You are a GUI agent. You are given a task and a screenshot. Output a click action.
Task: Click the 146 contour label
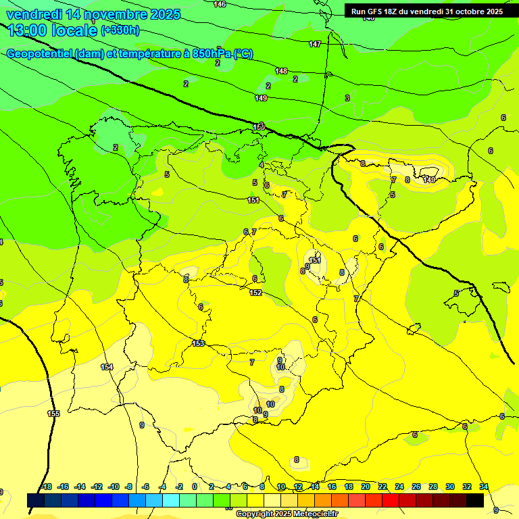220,5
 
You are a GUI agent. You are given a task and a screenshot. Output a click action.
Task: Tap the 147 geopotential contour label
315,44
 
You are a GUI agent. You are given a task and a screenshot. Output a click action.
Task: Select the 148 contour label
281,71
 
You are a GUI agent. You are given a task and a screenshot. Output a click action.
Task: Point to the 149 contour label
261,98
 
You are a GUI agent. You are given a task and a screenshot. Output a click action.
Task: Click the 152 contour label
255,293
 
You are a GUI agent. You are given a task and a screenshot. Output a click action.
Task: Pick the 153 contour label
198,343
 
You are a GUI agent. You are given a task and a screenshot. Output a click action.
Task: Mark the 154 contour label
107,367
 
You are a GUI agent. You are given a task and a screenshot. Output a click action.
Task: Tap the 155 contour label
53,414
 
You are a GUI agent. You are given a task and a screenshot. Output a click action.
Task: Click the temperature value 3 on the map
347,98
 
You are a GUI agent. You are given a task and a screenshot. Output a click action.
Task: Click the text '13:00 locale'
53,30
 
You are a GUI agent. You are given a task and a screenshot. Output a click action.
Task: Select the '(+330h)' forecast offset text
120,30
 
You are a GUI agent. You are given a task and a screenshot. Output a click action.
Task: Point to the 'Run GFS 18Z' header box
427,11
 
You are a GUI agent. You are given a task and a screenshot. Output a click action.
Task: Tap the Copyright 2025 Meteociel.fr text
287,514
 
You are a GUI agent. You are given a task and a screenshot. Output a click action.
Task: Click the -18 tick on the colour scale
46,487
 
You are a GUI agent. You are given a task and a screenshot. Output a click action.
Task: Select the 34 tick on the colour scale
484,487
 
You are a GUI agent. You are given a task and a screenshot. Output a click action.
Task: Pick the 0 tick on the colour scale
195,487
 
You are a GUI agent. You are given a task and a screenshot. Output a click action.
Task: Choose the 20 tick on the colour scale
365,487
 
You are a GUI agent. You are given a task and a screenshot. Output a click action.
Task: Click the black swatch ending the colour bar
475,500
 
